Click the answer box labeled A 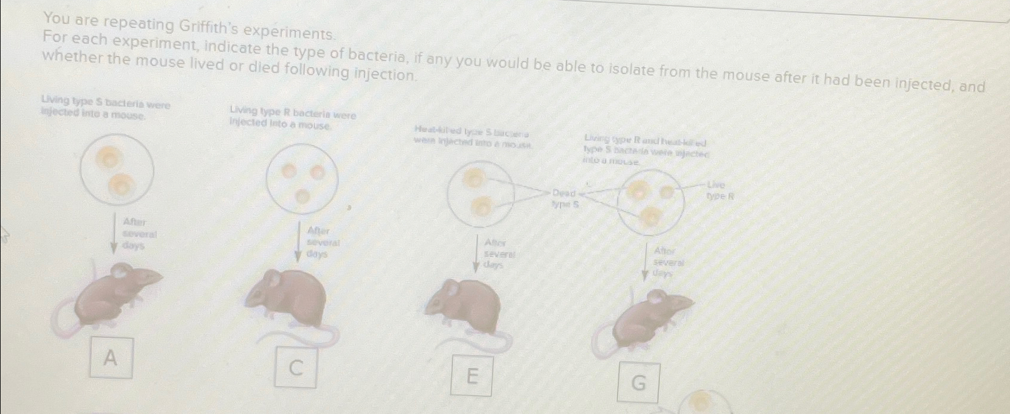111,358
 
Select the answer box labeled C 295,368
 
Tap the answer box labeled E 472,375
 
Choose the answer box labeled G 638,383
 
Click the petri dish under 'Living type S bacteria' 117,169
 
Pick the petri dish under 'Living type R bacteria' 303,179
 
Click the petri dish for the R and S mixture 651,202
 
